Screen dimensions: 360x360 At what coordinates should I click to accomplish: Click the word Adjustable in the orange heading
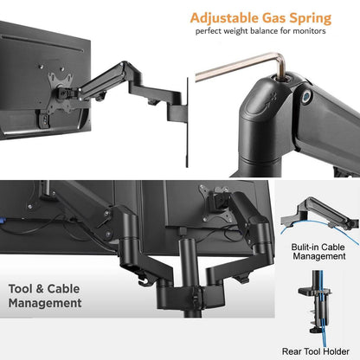(x=222, y=18)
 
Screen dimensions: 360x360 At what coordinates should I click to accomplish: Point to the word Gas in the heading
(x=274, y=18)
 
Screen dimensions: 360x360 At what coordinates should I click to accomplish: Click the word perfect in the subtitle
(x=213, y=34)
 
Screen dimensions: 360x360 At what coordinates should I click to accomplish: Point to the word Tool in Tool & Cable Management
(x=23, y=287)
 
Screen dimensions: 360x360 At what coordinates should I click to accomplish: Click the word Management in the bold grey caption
(x=45, y=304)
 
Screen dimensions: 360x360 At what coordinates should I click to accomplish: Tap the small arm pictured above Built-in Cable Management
(x=320, y=208)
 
